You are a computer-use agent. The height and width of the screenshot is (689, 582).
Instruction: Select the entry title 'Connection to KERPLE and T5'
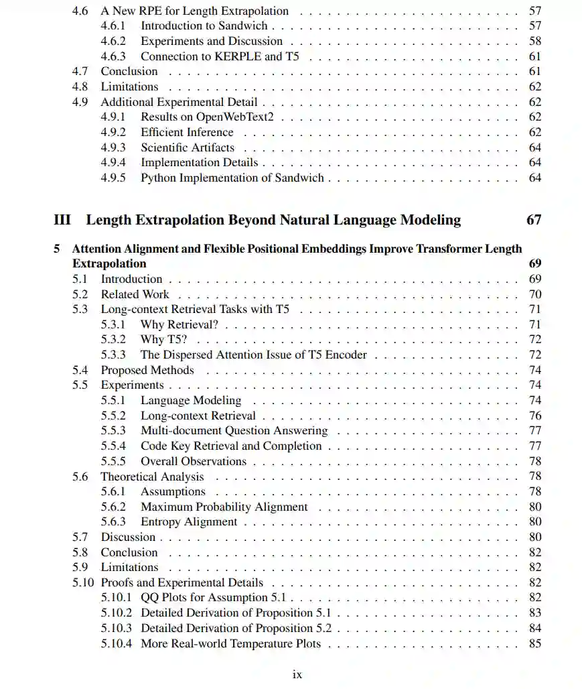click(220, 56)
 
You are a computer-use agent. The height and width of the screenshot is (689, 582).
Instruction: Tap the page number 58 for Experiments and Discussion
click(534, 42)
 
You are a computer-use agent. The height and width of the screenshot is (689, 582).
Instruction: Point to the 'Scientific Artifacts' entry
click(188, 147)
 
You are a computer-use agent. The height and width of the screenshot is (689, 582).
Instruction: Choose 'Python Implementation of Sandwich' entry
click(232, 178)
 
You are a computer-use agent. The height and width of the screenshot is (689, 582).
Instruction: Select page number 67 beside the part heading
click(533, 220)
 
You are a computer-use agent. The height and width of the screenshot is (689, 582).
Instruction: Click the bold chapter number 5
click(57, 249)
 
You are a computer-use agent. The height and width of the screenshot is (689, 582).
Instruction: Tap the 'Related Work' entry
click(135, 294)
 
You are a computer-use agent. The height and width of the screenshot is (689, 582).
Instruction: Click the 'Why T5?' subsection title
click(163, 340)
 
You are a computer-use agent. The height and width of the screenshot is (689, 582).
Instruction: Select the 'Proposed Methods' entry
click(147, 370)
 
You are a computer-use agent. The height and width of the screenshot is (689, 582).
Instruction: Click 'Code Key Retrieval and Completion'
click(231, 446)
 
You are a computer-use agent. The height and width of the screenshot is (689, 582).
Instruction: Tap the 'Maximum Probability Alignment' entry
click(224, 507)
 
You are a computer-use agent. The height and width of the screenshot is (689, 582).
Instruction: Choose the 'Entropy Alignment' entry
click(189, 522)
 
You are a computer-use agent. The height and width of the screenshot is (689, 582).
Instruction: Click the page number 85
click(534, 644)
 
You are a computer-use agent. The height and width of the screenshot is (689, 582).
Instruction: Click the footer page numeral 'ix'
click(297, 674)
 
